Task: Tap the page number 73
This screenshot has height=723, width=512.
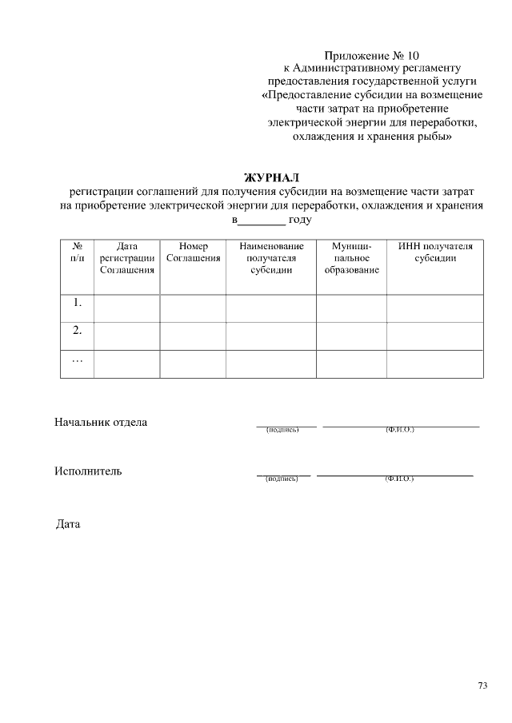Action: (482, 685)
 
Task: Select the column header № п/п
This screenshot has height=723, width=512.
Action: (78, 252)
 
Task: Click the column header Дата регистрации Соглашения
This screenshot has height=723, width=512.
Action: (126, 258)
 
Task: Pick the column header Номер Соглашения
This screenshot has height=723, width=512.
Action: (193, 252)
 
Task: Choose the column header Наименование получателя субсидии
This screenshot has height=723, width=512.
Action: (271, 258)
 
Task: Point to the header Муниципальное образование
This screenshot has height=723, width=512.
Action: (351, 258)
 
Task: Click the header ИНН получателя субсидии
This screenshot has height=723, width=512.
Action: (435, 252)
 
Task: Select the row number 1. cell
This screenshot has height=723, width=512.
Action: (78, 303)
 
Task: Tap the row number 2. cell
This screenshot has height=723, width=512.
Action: (78, 330)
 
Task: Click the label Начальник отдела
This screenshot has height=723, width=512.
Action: (101, 422)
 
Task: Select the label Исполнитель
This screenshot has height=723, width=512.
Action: (88, 471)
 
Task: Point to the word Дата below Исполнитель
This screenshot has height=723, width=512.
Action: (68, 525)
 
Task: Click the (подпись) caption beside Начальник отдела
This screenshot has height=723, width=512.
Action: (282, 430)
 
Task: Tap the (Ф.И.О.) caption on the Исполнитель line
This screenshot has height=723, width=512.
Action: (398, 479)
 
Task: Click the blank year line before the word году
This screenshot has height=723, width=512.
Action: (262, 220)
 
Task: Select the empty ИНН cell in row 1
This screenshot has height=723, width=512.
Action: (435, 308)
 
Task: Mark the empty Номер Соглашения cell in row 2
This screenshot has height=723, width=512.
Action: (193, 336)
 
